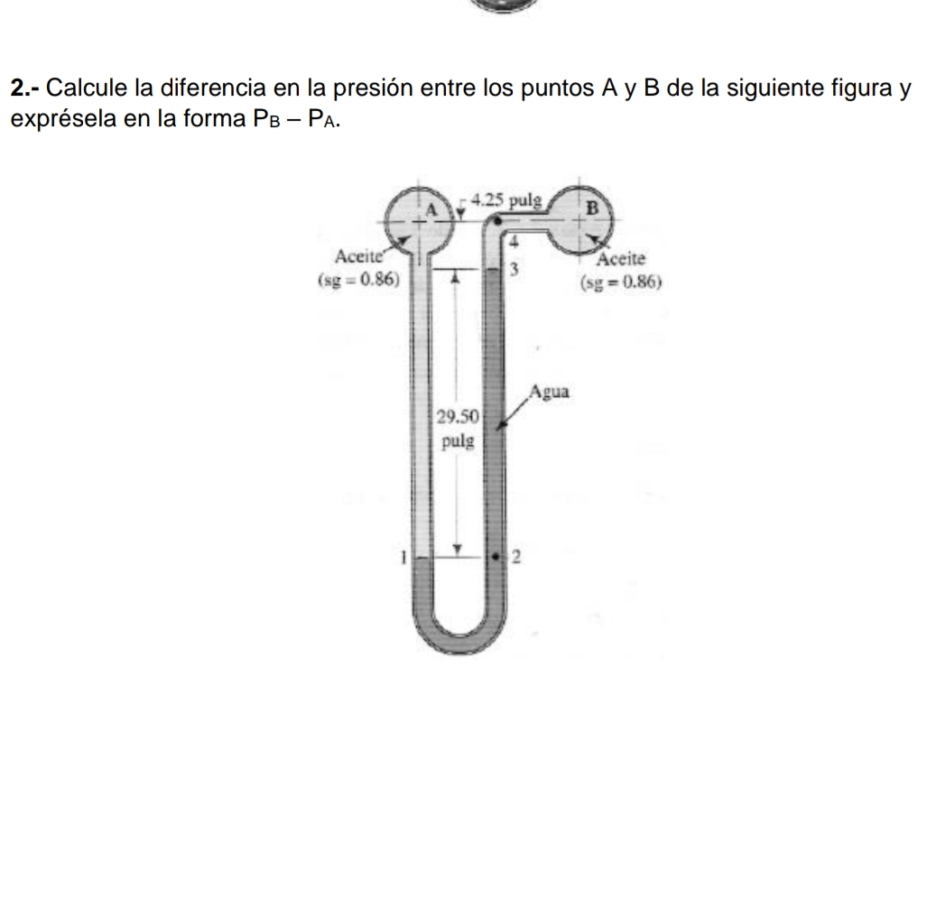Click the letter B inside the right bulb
coord(592,207)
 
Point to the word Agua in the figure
coord(552,393)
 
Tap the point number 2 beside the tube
coord(518,558)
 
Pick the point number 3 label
coord(513,269)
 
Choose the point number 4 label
coord(512,242)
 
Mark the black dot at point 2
coord(496,558)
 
